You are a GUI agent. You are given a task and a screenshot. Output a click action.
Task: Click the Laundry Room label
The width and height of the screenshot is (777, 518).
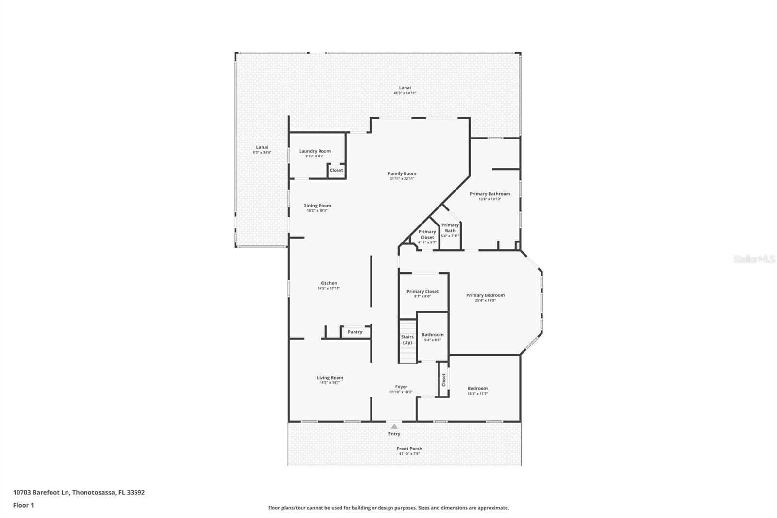(x=315, y=151)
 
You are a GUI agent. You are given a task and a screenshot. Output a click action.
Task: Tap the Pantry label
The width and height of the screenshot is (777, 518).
(x=355, y=332)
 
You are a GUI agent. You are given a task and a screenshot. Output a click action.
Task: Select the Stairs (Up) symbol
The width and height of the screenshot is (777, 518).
(x=407, y=340)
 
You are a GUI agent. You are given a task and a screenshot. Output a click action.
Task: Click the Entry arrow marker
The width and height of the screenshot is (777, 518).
(x=394, y=426)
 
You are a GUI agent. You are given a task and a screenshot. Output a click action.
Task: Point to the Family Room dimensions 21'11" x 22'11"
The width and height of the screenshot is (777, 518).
(x=402, y=179)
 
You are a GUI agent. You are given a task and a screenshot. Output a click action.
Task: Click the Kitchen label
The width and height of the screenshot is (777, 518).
(x=329, y=283)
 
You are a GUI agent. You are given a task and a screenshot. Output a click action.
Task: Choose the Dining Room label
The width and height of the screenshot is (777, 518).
(x=317, y=206)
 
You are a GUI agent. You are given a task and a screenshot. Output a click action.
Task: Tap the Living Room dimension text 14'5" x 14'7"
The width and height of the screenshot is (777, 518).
(x=330, y=383)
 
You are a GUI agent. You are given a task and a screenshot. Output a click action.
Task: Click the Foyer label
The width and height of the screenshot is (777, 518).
(x=401, y=387)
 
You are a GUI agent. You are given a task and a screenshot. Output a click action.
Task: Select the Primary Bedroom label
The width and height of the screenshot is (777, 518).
(x=485, y=295)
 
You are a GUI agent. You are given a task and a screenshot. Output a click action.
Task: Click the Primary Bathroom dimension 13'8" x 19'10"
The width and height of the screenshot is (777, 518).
(x=490, y=199)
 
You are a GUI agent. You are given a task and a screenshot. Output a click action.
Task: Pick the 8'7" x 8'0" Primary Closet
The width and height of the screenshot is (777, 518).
(x=422, y=294)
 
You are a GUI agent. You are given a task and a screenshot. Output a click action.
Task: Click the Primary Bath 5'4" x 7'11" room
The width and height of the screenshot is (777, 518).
(x=450, y=230)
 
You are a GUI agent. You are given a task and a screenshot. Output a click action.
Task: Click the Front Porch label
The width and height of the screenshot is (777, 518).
(x=409, y=449)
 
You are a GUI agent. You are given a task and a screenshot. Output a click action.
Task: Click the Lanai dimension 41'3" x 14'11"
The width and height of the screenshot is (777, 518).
(x=405, y=93)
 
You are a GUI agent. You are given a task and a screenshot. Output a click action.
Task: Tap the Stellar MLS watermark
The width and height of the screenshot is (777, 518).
(x=754, y=259)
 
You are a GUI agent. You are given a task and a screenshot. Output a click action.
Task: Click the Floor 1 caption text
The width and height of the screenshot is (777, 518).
(x=23, y=505)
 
